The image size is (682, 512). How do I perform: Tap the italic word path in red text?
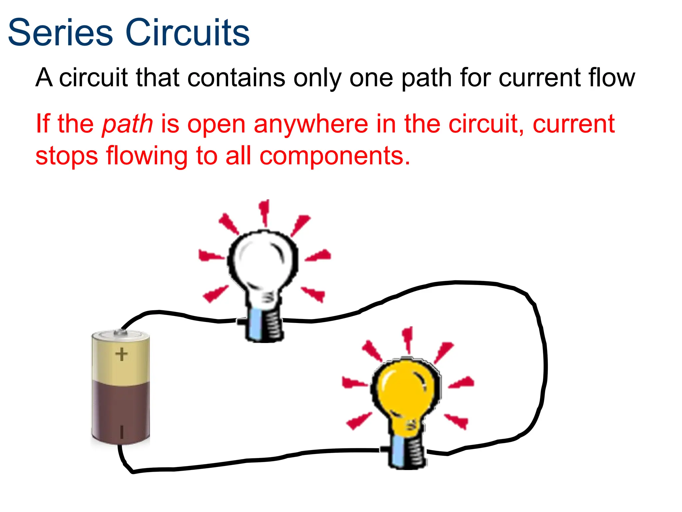click(127, 124)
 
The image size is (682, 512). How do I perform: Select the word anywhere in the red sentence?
click(311, 124)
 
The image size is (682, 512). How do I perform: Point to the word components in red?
click(334, 156)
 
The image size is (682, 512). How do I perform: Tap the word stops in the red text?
click(67, 156)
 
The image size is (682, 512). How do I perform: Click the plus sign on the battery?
click(122, 354)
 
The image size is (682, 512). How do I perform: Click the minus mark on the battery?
click(122, 432)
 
